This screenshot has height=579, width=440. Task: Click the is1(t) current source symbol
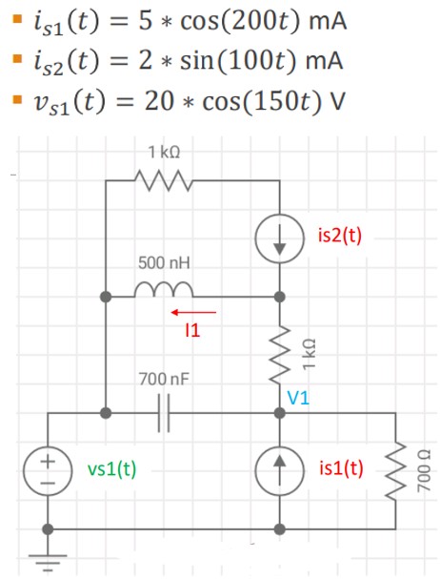point(279,469)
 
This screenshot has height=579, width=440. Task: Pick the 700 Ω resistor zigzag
point(396,469)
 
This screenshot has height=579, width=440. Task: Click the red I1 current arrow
point(194,311)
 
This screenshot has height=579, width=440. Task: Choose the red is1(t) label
point(342,468)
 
